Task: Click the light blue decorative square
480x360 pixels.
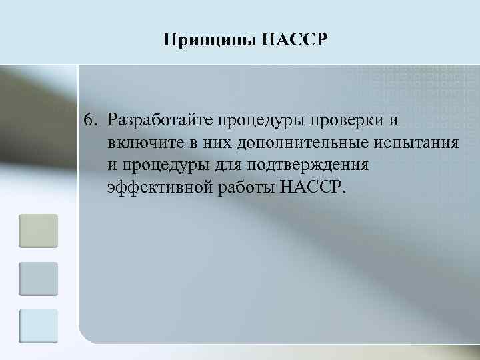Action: click(x=38, y=326)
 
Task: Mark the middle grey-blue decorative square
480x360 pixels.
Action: click(x=38, y=279)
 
